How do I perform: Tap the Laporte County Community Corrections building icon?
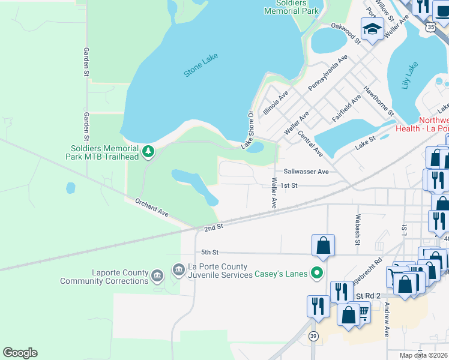click(x=157, y=276)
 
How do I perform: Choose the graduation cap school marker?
click(x=372, y=29)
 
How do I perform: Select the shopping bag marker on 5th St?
click(x=323, y=245)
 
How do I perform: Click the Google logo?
click(x=20, y=353)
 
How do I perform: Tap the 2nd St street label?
click(x=214, y=227)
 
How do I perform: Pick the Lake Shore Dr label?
click(x=248, y=130)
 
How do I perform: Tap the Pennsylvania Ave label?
click(x=328, y=73)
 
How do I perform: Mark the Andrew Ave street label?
click(x=387, y=319)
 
